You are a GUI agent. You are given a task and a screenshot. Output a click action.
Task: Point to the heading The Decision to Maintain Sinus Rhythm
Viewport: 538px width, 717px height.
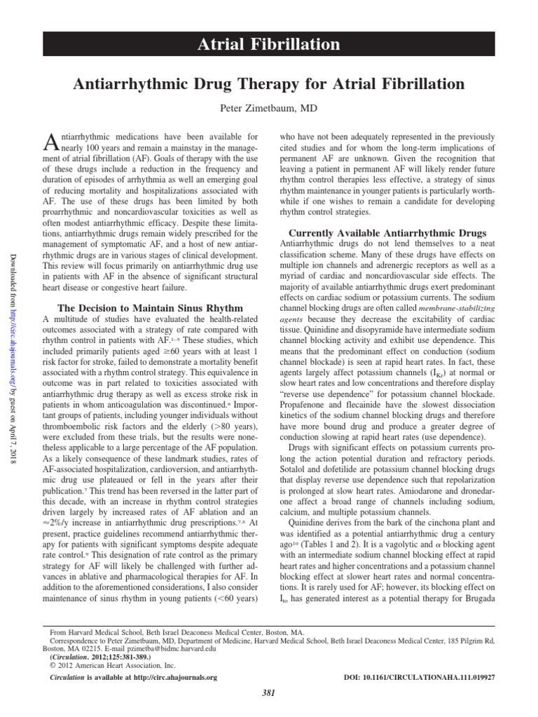pyautogui.click(x=151, y=308)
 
